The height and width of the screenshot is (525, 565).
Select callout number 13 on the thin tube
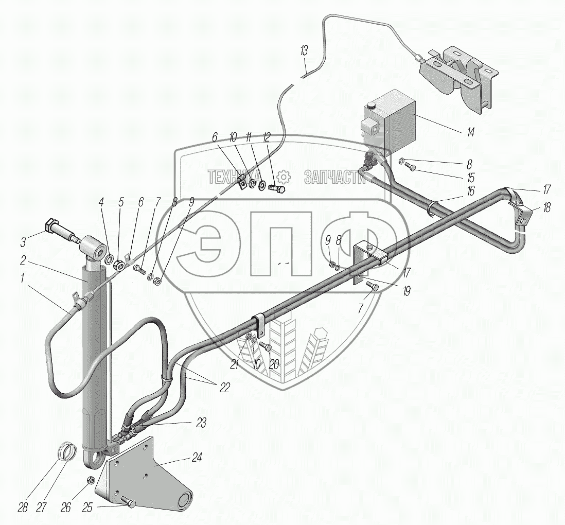pos(305,51)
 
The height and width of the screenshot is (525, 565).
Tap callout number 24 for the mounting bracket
pos(197,457)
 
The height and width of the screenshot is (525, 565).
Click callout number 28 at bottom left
pos(23,507)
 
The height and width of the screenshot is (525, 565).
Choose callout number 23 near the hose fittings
pos(200,423)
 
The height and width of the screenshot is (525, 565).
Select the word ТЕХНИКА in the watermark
pos(232,177)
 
